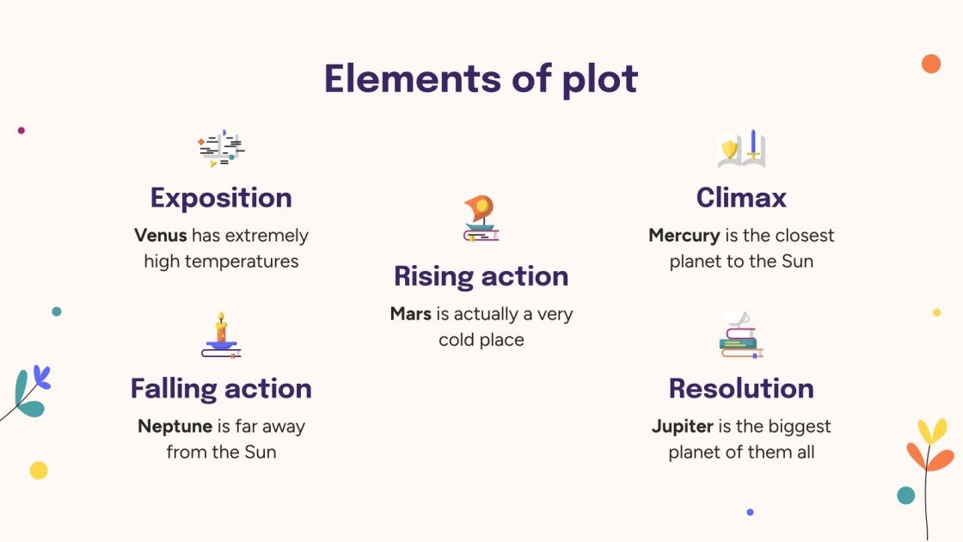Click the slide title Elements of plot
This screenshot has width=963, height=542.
point(482,79)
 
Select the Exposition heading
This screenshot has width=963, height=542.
point(221,198)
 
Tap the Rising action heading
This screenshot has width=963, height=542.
point(482,276)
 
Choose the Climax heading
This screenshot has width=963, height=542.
point(741,198)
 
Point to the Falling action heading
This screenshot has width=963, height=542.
point(221,389)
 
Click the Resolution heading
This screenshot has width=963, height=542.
point(741,389)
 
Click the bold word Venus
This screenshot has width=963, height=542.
point(160,236)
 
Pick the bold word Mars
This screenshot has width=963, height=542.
point(410,314)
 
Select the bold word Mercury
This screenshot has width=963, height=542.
point(684,236)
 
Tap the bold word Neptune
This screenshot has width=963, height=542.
point(175,427)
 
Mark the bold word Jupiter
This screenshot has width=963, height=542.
point(683,427)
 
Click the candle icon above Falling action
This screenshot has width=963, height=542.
point(221,336)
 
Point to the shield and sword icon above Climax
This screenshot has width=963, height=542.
point(741,148)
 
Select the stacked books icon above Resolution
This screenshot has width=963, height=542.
point(741,336)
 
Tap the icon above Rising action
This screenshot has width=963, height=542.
point(482,219)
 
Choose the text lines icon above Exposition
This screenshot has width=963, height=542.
point(221,148)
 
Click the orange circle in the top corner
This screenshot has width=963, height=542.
point(930,64)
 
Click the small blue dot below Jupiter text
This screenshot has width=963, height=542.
point(750,512)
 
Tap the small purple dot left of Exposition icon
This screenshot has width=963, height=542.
point(21,131)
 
